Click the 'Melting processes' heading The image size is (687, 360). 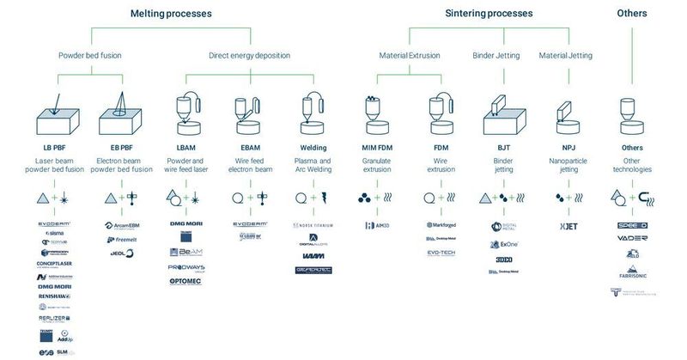pyautogui.click(x=171, y=14)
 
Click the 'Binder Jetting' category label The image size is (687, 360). pyautogui.click(x=496, y=56)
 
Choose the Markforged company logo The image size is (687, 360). pyautogui.click(x=441, y=225)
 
